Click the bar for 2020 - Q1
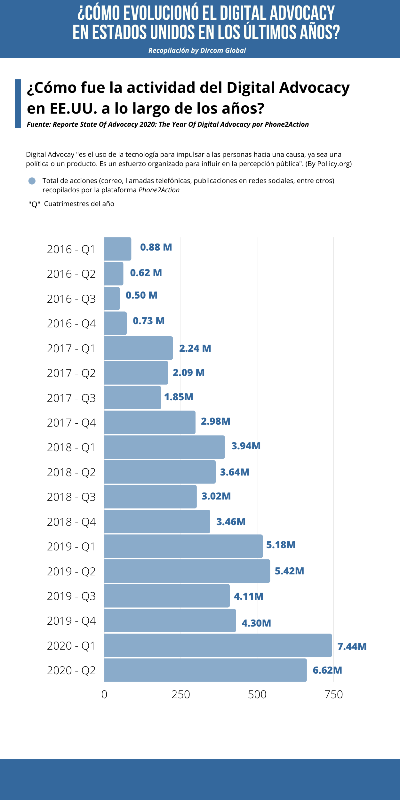tap(218, 645)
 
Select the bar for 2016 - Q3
tap(112, 298)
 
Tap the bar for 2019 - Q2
tap(187, 571)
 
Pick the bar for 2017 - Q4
tap(150, 422)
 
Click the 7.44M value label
tap(352, 646)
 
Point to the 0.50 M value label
tap(141, 295)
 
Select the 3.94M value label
tap(246, 446)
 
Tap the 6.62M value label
tap(327, 670)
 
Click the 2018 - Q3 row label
tap(71, 497)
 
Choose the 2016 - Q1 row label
tap(71, 249)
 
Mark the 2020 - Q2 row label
tap(71, 670)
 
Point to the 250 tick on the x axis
tap(181, 695)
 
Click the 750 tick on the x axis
tap(334, 695)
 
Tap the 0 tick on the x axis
tap(104, 695)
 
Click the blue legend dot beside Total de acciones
tap(32, 181)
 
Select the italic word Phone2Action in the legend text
tap(159, 190)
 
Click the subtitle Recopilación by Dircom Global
tap(197, 51)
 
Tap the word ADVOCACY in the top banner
tap(302, 13)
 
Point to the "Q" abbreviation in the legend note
tap(34, 204)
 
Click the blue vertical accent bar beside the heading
tap(18, 104)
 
